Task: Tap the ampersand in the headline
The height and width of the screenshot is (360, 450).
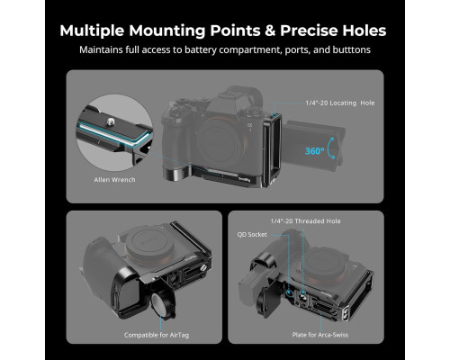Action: [x=270, y=31]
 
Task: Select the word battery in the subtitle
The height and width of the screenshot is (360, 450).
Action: [x=201, y=49]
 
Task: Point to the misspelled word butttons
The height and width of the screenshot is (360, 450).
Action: [x=351, y=49]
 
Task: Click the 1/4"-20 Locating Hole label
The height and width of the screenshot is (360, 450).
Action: [x=340, y=103]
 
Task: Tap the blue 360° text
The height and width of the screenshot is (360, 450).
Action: [x=315, y=151]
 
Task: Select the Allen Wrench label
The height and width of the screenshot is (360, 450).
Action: [x=114, y=180]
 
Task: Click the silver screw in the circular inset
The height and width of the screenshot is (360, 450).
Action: [x=110, y=121]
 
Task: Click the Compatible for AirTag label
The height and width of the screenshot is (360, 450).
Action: [x=157, y=335]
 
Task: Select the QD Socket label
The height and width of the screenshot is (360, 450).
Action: [x=252, y=235]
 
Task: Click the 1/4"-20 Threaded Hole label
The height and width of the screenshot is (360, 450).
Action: [x=305, y=221]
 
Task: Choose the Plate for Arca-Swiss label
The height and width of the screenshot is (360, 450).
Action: [x=320, y=335]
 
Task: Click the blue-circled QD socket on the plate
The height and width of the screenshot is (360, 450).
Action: [x=289, y=292]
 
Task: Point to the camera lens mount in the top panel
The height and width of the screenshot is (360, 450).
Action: [x=220, y=141]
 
